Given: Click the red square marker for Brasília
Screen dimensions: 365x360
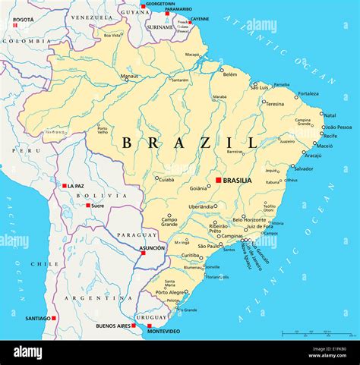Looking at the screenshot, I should [219, 180].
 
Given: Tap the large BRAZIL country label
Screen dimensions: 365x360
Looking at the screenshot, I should [190, 143].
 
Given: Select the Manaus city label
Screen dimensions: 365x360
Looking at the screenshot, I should [130, 76].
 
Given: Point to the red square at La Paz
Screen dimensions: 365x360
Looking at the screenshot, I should [65, 185].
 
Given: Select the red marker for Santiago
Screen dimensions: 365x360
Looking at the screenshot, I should [54, 318].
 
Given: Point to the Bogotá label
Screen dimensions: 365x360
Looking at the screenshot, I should [24, 19].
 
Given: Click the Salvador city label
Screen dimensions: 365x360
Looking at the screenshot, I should [304, 168].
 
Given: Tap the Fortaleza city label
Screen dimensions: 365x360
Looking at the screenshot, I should [308, 93].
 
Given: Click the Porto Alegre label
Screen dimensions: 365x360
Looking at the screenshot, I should [171, 292].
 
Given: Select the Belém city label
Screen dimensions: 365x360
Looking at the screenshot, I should [229, 74].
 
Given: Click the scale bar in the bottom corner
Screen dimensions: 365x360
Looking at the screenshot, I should [317, 333].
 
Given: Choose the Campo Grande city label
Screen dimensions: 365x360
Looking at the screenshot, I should [169, 222].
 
